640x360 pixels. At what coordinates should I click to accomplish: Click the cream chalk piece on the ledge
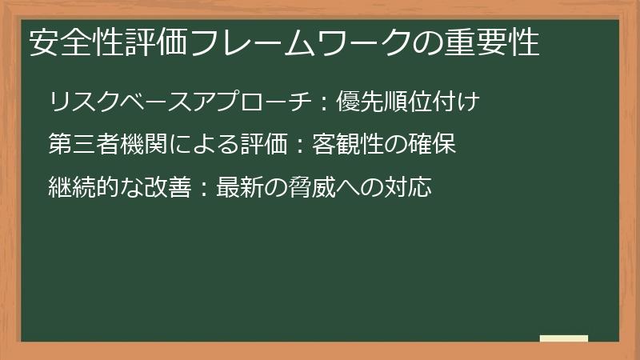563,338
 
